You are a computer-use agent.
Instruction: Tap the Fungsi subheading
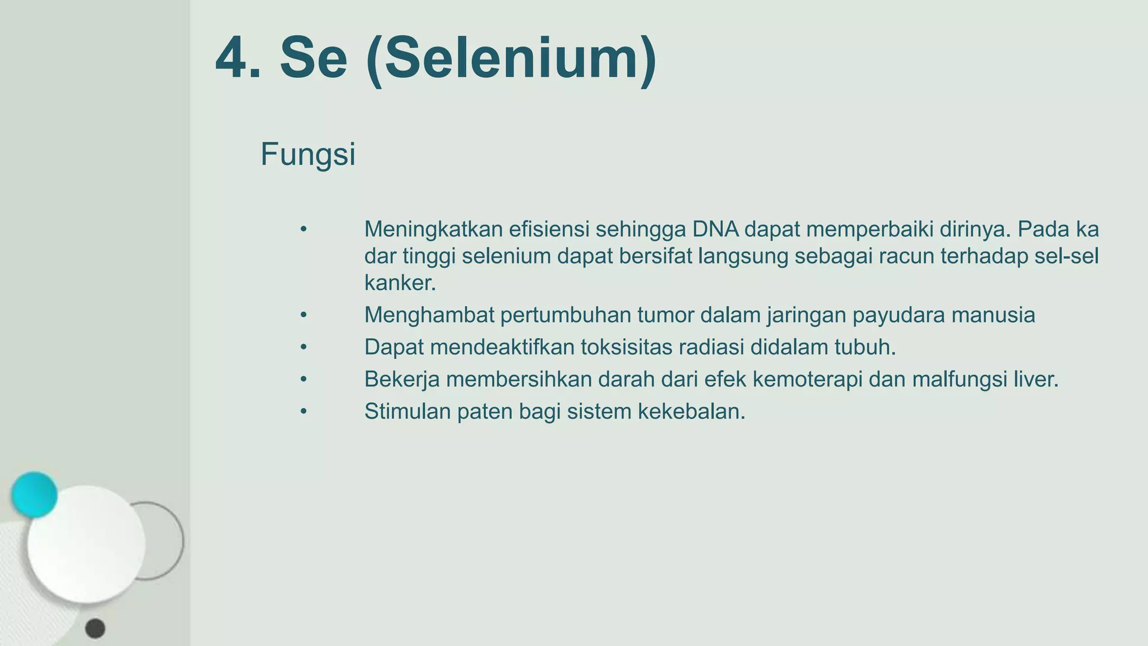tap(308, 154)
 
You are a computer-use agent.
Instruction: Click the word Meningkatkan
tap(433, 229)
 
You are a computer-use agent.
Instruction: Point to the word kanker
tap(399, 283)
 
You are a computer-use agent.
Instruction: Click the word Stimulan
tap(408, 412)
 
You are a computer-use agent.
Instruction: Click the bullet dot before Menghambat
tap(303, 315)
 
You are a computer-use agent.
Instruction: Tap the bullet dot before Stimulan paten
tap(303, 412)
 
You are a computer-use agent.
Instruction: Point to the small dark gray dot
tap(95, 629)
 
